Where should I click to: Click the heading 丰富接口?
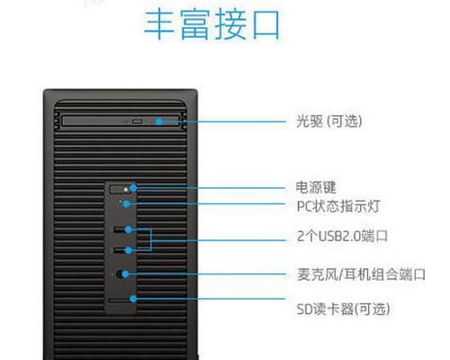coord(212,24)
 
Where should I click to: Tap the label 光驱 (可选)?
coord(329,121)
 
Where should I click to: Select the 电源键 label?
coord(316,187)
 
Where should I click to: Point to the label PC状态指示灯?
coord(338,206)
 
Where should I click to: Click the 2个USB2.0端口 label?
coord(342,236)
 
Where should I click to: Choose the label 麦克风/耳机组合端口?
coord(361,274)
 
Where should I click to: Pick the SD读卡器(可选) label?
coord(343,309)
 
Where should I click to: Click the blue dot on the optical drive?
coord(159,121)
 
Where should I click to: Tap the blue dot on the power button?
coord(133,188)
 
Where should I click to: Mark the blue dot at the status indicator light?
coord(126,204)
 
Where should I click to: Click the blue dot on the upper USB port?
coord(129,229)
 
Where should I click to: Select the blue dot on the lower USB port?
coord(129,250)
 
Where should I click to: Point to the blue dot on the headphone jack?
coord(125,274)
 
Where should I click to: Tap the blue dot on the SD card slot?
coord(133,299)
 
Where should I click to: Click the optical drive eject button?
coord(138,121)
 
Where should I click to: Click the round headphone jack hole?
coord(120,274)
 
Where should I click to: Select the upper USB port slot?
coord(120,229)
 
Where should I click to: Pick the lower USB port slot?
coord(120,250)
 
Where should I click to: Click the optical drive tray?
coord(121,121)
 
